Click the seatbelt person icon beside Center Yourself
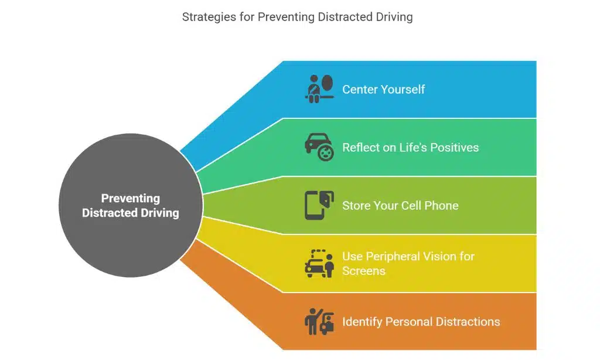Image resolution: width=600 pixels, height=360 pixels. pos(319,89)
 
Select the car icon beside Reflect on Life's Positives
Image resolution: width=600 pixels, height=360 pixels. pos(319,147)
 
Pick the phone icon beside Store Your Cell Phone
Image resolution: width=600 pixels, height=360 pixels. pos(319,205)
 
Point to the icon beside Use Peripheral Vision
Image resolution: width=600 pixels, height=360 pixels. pos(319,263)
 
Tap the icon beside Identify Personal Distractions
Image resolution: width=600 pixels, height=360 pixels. pos(319,321)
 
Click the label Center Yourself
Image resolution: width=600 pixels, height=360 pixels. pos(383,90)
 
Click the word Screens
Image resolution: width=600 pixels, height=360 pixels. pos(364,271)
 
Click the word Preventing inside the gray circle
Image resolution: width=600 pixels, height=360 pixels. pos(130,198)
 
